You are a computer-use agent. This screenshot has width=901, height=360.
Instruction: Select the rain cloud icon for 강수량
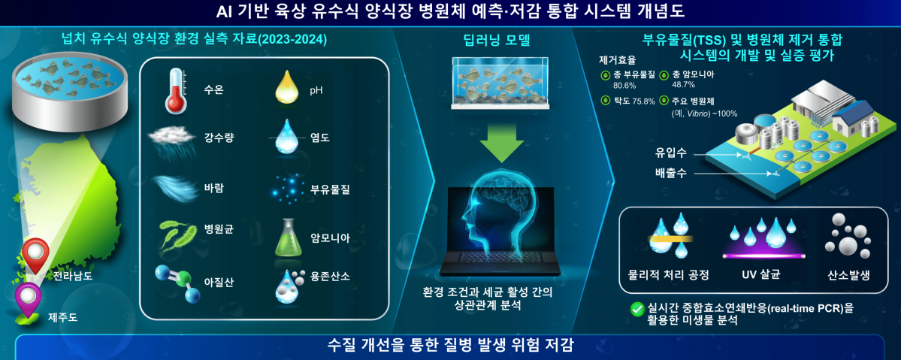pyautogui.click(x=174, y=138)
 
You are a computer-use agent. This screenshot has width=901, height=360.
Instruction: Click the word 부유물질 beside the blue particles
pyautogui.click(x=331, y=189)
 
